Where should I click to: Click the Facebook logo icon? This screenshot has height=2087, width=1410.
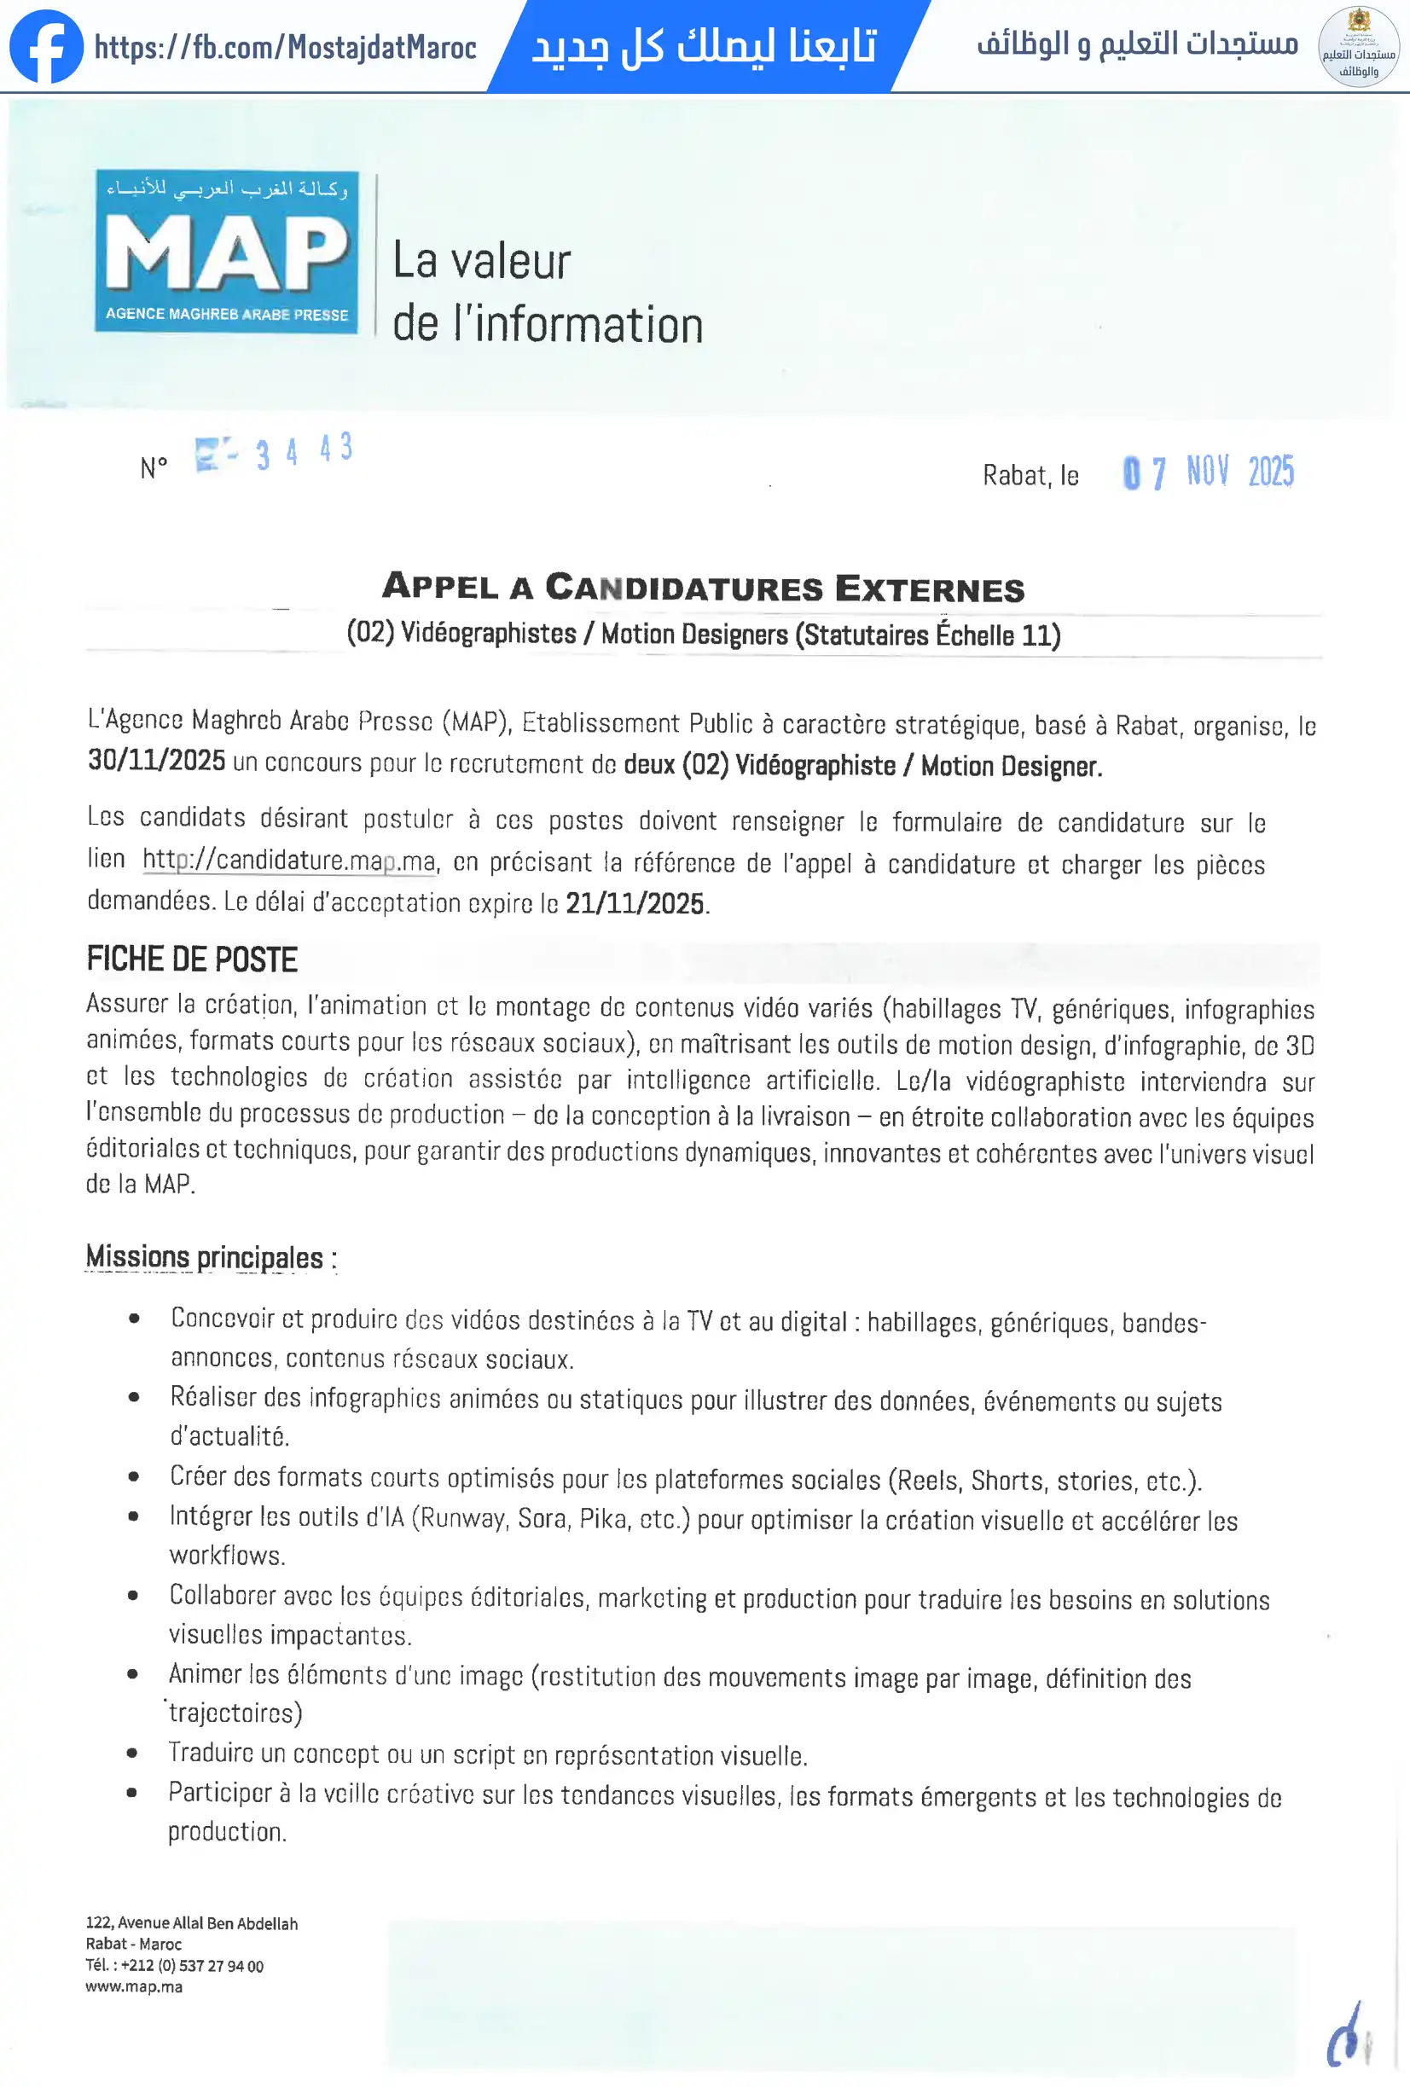[46, 47]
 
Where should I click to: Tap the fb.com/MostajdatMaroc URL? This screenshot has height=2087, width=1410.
[286, 47]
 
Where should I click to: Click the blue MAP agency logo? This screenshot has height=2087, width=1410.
[227, 252]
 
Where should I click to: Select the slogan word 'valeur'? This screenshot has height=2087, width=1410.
[510, 262]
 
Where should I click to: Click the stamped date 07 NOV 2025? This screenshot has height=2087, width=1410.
[1208, 472]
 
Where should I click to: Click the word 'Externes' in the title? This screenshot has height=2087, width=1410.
[930, 589]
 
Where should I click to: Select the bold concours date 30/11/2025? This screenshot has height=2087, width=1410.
[156, 761]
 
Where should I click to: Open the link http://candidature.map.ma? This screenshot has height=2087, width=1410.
[289, 861]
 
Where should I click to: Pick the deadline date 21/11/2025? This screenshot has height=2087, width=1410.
[634, 902]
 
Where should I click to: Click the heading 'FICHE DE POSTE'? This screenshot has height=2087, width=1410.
[191, 959]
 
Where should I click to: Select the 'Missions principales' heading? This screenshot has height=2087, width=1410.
[205, 1256]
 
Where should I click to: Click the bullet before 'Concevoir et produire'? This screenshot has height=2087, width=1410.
[134, 1319]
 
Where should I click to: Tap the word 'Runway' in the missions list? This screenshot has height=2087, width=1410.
[461, 1517]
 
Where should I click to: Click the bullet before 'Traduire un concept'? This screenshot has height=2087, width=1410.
[133, 1752]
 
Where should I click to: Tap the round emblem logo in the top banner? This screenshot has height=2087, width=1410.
[1358, 47]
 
